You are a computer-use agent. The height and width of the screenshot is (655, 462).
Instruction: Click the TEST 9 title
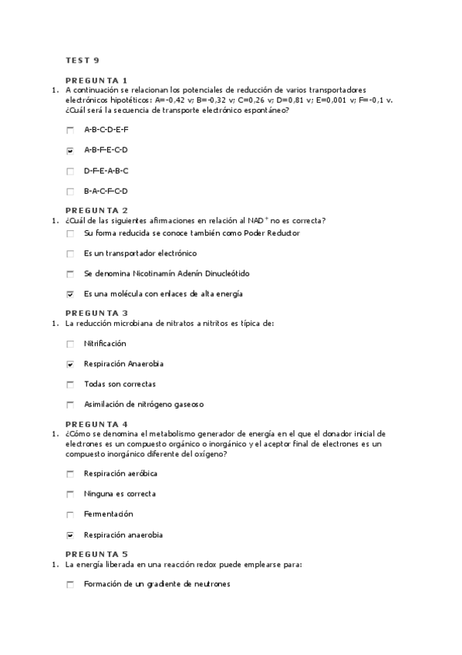[x=82, y=60]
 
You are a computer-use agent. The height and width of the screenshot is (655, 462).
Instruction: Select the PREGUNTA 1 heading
[x=96, y=80]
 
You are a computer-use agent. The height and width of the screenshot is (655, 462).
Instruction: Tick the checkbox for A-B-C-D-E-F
[x=70, y=130]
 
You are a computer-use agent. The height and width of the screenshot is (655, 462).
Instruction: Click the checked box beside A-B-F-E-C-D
[x=70, y=151]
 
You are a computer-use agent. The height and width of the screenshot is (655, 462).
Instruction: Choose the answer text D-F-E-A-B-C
[x=106, y=171]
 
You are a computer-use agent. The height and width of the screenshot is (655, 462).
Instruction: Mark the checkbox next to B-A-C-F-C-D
[x=70, y=192]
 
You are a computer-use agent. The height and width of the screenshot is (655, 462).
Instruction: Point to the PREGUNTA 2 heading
[x=96, y=210]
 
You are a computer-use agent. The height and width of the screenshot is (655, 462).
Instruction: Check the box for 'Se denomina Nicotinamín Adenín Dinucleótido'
[x=70, y=274]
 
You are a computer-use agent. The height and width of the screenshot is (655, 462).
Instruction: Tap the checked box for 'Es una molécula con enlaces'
[x=70, y=294]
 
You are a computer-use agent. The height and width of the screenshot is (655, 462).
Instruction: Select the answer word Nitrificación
[x=105, y=344]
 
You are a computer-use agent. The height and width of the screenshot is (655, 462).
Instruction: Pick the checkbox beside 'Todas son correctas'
[x=70, y=385]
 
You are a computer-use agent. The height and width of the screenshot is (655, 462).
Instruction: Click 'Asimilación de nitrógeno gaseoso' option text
[x=143, y=405]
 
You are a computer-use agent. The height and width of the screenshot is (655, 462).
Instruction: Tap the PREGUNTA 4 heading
[x=96, y=424]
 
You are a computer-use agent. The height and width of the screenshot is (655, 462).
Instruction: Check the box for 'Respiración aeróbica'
[x=70, y=473]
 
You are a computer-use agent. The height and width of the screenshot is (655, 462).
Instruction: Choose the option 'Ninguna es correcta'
[x=120, y=494]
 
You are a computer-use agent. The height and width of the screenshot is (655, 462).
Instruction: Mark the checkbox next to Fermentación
[x=70, y=514]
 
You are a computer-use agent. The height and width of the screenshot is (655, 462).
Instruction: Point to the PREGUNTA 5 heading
[x=96, y=554]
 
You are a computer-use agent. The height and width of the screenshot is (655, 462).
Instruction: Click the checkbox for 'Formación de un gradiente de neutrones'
[x=70, y=585]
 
